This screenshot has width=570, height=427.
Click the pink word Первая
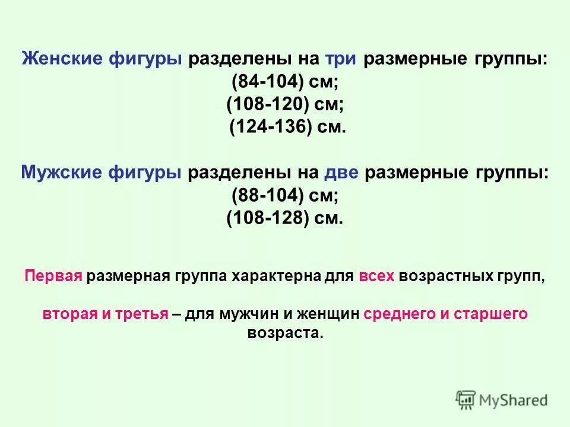(x=53, y=277)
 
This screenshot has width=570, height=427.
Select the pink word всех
(x=376, y=277)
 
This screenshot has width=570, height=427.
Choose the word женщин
(x=327, y=314)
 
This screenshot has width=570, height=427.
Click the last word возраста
(x=285, y=333)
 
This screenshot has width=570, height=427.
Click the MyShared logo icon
(x=466, y=400)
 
